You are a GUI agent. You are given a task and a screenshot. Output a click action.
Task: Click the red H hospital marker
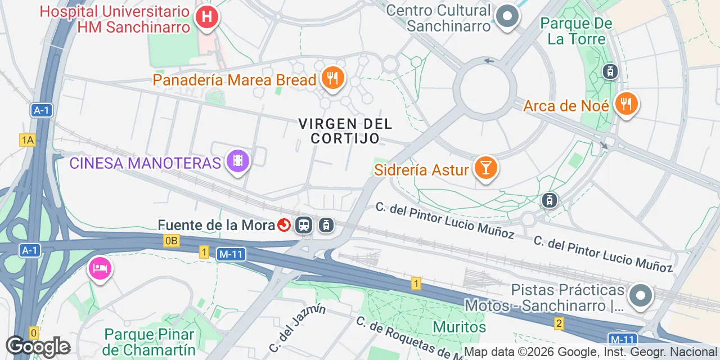click(x=206, y=17)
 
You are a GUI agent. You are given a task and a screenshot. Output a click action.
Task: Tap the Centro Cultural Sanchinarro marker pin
click(x=507, y=16)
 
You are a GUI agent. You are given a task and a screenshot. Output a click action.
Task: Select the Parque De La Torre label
click(x=575, y=31)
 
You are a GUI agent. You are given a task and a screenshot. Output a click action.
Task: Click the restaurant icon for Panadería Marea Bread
click(x=333, y=78)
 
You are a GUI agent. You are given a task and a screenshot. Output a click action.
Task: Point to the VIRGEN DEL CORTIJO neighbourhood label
click(x=345, y=130)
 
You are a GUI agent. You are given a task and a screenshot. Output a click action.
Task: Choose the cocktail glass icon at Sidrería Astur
click(x=485, y=168)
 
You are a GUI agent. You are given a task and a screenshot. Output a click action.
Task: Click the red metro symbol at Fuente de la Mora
click(x=284, y=226)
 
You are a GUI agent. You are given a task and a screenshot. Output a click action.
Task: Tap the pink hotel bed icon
click(x=100, y=268)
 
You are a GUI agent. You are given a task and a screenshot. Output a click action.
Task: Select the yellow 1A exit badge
click(x=27, y=140)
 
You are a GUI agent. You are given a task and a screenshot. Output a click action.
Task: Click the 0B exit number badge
click(x=172, y=241)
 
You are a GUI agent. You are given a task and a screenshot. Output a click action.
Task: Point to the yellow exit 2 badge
click(x=559, y=323)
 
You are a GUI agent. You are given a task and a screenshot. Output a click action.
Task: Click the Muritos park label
click(x=459, y=327)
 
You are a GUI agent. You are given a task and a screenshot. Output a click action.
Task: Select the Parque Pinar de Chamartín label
click(x=149, y=342)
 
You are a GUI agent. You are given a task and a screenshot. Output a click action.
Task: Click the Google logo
click(x=38, y=346)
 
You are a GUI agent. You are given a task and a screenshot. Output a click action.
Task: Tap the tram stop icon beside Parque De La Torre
click(x=610, y=71)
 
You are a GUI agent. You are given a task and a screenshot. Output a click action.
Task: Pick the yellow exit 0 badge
click(x=34, y=333)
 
